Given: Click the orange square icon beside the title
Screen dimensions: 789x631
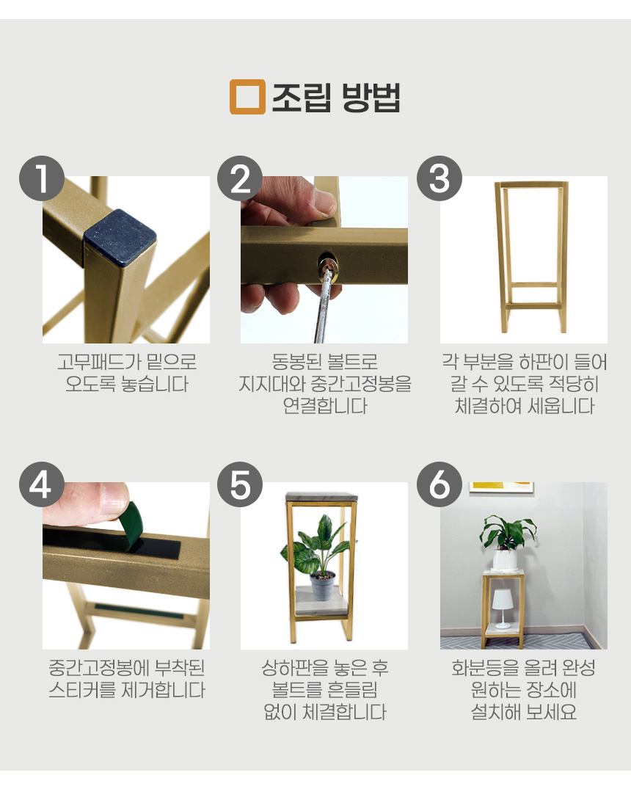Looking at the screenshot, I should point(247,97).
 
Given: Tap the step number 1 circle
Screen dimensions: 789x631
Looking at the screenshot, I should point(41,178).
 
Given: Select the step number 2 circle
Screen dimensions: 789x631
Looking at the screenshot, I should point(241,178).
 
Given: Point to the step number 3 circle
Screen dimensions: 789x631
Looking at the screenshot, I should point(439,178).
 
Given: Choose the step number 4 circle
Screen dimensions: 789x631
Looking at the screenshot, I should point(41,484).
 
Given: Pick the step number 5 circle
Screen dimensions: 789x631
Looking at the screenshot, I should point(241,484).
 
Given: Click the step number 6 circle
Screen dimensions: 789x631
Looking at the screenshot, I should point(439,484).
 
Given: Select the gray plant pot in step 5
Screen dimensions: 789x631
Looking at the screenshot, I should point(322,585).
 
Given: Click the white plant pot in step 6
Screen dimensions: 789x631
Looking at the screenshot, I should point(504,559).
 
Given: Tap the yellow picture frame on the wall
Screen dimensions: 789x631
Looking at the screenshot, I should point(502,487).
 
